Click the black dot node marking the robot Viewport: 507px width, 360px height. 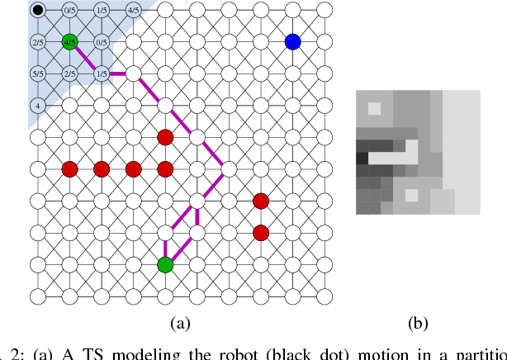(37, 10)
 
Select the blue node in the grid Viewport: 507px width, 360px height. (292, 41)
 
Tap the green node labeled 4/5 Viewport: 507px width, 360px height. (69, 41)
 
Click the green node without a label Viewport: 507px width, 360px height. (165, 264)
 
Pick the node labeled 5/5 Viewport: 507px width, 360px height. (37, 73)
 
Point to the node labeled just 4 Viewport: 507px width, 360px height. (37, 106)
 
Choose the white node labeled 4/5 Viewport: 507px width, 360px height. (133, 10)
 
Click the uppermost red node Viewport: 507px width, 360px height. (165, 137)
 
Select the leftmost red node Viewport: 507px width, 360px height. (69, 169)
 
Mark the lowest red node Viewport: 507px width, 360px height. (261, 232)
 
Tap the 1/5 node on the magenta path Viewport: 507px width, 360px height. (101, 73)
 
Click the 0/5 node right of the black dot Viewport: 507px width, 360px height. (69, 10)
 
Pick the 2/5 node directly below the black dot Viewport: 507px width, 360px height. (37, 41)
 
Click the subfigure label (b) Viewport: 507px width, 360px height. (418, 323)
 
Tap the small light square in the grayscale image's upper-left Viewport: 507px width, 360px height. (374, 108)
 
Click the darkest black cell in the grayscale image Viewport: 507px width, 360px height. (362, 158)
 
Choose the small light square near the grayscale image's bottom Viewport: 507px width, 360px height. (411, 197)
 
